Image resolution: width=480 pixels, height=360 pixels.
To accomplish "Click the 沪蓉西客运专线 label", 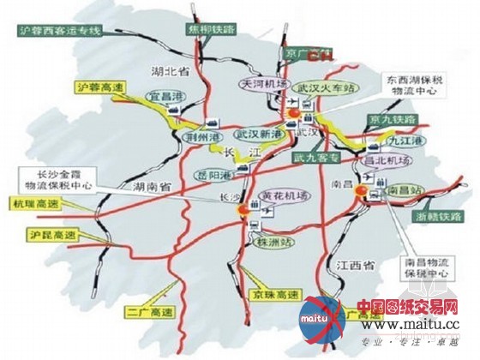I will (57, 32).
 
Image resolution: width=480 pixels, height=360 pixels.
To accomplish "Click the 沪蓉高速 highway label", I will (93, 87).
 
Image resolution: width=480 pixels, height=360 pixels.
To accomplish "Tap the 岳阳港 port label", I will (218, 174).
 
